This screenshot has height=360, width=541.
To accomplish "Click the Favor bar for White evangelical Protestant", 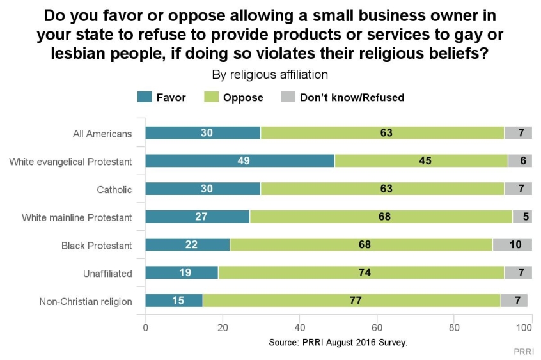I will pyautogui.click(x=240, y=161).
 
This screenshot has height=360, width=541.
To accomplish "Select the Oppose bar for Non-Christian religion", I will pyautogui.click(x=351, y=301).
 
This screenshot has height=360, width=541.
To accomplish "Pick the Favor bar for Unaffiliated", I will pyautogui.click(x=182, y=273).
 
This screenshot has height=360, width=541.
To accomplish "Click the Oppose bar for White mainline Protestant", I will pyautogui.click(x=380, y=217).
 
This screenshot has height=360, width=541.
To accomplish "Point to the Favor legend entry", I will pyautogui.click(x=162, y=98).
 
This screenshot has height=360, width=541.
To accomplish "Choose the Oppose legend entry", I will pyautogui.click(x=234, y=98).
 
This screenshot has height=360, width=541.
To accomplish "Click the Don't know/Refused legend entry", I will pyautogui.click(x=343, y=98).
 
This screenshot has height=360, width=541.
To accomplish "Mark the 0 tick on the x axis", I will pyautogui.click(x=146, y=329).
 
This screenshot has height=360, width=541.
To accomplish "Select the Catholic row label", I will pyautogui.click(x=115, y=190).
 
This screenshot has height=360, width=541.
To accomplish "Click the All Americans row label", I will pyautogui.click(x=102, y=134).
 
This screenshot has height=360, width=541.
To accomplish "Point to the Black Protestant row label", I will pyautogui.click(x=97, y=246).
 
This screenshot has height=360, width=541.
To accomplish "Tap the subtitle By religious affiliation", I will pyautogui.click(x=270, y=74).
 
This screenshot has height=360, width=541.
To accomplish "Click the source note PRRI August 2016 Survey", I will pyautogui.click(x=338, y=343).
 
